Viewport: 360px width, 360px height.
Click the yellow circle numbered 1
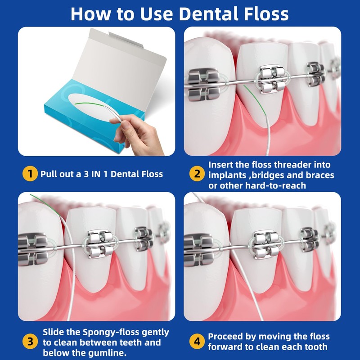click(x=30, y=173)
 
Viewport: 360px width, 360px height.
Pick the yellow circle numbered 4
click(x=197, y=342)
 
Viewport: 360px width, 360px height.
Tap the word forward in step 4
click(x=227, y=347)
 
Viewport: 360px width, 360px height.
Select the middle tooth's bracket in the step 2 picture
click(x=272, y=78)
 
